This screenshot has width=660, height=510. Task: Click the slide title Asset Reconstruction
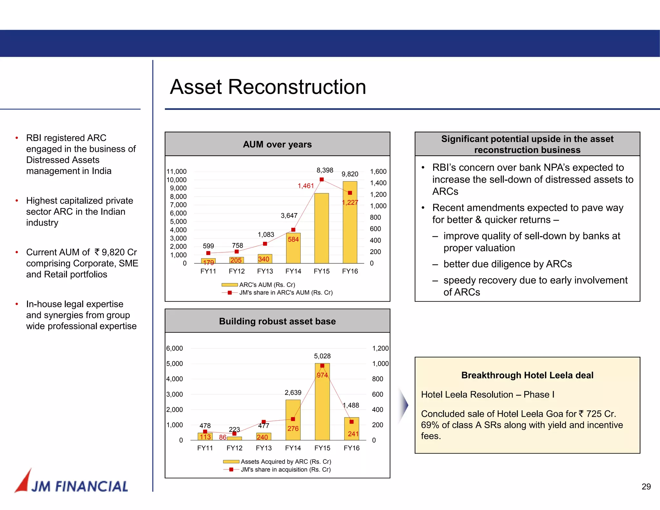(x=268, y=87)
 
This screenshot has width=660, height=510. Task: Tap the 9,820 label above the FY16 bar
(x=350, y=174)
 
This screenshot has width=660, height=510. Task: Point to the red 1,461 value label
(x=306, y=186)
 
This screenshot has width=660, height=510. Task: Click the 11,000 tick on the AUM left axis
(x=176, y=172)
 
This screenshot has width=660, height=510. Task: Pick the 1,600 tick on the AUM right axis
(x=378, y=172)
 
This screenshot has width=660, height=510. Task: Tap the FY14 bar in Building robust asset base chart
(x=293, y=420)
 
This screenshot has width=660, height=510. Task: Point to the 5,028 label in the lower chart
(x=322, y=356)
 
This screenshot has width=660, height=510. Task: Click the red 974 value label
(x=322, y=375)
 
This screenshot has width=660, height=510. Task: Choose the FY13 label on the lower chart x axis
(x=264, y=448)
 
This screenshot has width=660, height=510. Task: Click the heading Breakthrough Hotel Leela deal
(x=527, y=375)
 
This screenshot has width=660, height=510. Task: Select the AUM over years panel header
(x=277, y=144)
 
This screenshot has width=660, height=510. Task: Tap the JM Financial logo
(x=72, y=483)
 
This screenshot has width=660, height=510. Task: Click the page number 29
(x=646, y=486)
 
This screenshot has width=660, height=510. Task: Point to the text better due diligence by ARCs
(x=507, y=264)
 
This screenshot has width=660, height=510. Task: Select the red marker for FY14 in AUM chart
(x=293, y=230)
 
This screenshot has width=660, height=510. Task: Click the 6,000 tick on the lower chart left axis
(x=174, y=348)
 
